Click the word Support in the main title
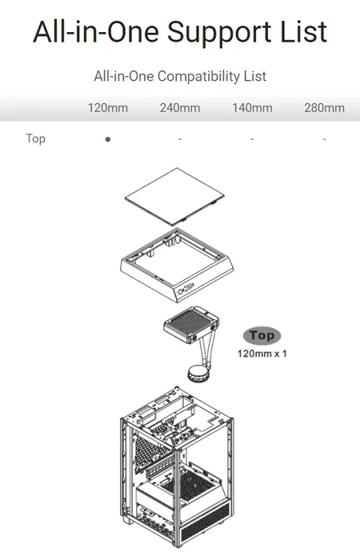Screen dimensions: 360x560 pos(220,33)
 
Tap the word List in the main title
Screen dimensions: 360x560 pos(303,31)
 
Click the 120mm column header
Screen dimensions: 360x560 pos(108,108)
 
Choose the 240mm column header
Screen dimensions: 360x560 pos(180,108)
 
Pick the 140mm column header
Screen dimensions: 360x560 pos(252,108)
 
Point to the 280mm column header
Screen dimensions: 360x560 pos(324,108)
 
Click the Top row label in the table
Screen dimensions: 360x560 pos(36,138)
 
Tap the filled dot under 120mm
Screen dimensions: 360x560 pos(108,139)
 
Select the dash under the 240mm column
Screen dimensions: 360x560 pos(180,139)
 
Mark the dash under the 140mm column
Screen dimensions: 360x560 pos(252,139)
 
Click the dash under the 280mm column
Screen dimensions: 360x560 pos(324,139)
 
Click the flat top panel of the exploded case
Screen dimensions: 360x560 pos(174,197)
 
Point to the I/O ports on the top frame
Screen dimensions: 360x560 pos(186,286)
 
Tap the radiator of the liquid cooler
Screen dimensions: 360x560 pos(191,324)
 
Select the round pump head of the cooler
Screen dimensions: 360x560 pos(198,374)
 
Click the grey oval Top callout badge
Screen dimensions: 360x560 pos(262,336)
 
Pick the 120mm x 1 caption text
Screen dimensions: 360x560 pos(262,354)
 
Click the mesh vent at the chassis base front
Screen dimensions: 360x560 pos(205,522)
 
